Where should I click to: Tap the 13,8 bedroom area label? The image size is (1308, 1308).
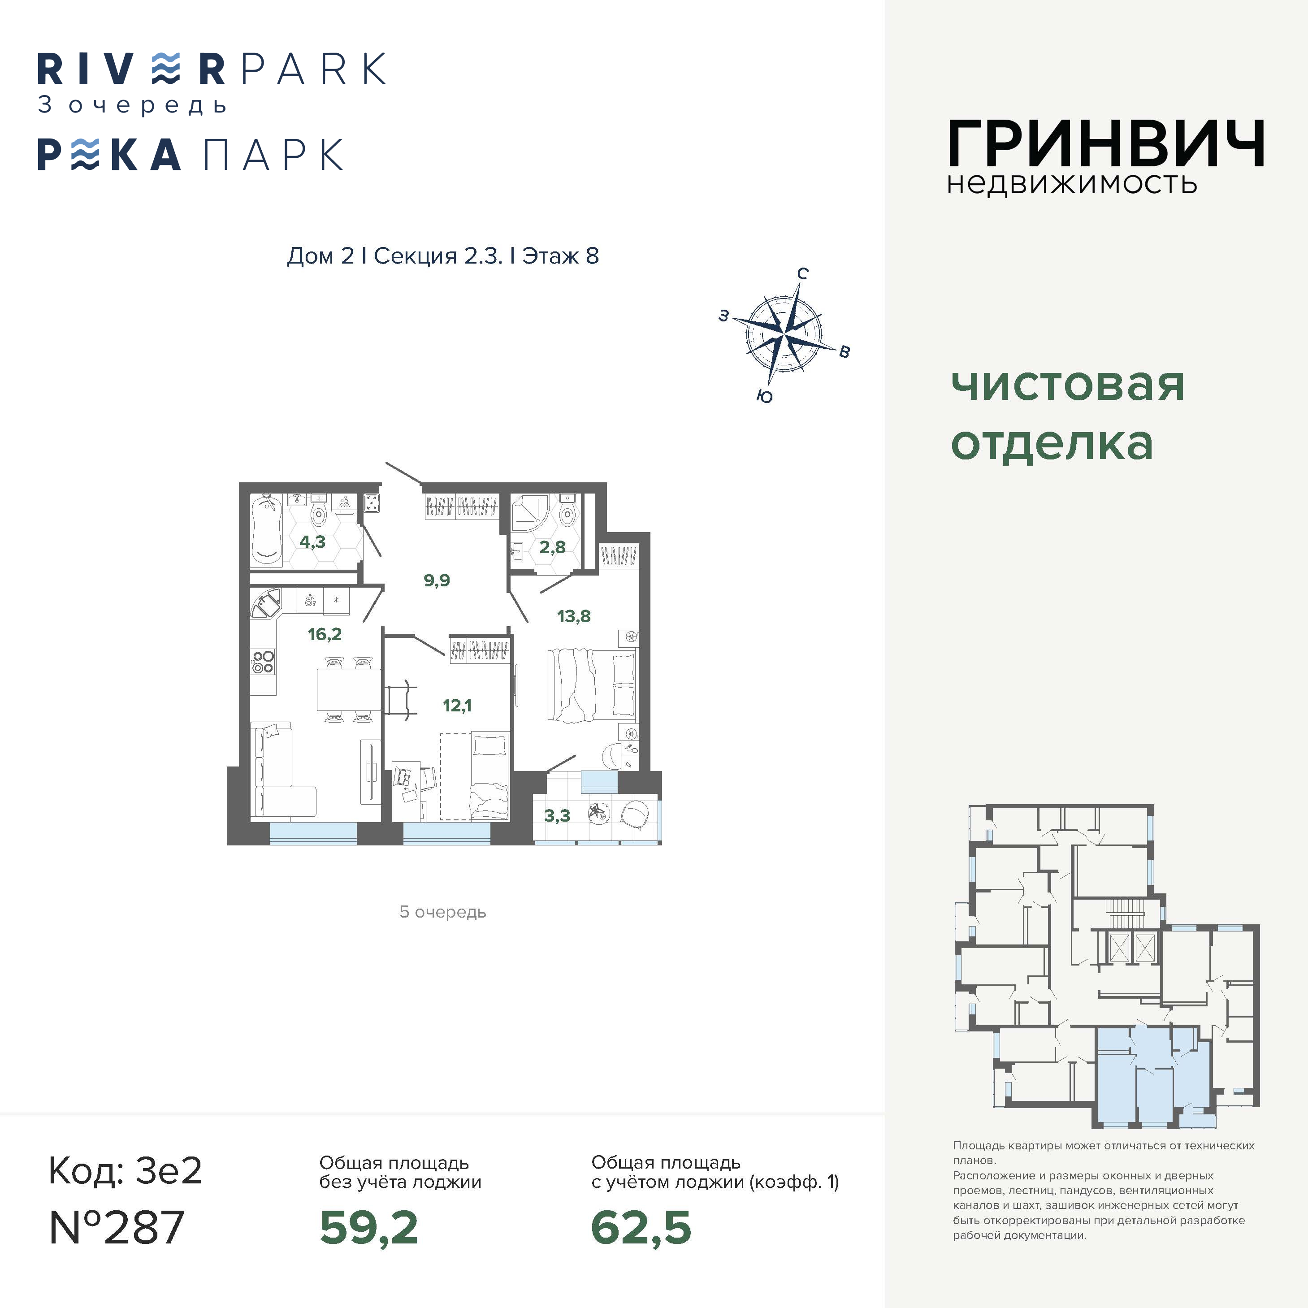(573, 616)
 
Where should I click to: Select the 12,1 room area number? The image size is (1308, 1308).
(457, 706)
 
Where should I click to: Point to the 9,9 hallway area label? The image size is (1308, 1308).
(437, 580)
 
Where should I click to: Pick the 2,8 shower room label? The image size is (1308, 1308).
(552, 547)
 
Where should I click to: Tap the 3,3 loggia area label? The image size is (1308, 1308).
(557, 816)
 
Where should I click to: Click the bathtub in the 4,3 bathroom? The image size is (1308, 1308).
(266, 530)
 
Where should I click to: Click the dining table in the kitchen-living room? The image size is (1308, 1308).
(349, 689)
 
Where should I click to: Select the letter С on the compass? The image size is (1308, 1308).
(802, 273)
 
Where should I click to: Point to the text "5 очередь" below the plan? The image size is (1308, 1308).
(443, 912)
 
